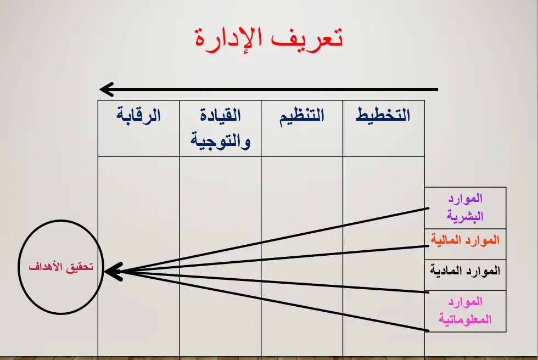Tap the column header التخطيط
pyautogui.click(x=383, y=115)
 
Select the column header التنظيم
pyautogui.click(x=302, y=115)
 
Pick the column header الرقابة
pyautogui.click(x=138, y=115)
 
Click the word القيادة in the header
pyautogui.click(x=220, y=115)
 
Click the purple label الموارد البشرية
pyautogui.click(x=465, y=207)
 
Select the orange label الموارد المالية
pyautogui.click(x=465, y=240)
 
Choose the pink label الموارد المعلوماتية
pyautogui.click(x=465, y=311)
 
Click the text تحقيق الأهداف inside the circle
pyautogui.click(x=61, y=267)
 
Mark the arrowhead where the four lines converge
pyautogui.click(x=110, y=271)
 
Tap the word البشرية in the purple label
pyautogui.click(x=465, y=216)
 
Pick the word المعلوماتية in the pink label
pyautogui.click(x=465, y=319)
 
